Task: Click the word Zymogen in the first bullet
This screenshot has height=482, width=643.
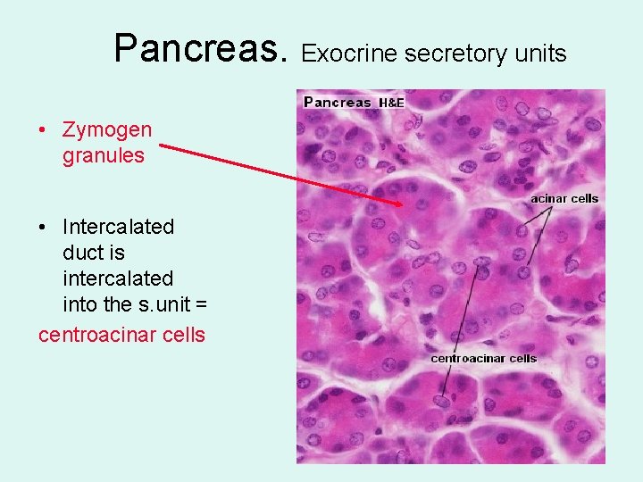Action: point(107,130)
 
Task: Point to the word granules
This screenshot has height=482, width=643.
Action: point(103,156)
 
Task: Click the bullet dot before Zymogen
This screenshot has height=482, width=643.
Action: point(43,130)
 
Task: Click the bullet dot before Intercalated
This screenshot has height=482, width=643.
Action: point(43,227)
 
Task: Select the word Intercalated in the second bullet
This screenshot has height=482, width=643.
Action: point(118,227)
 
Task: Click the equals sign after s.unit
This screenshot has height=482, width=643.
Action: point(200,305)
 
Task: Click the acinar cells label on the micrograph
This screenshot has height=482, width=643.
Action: point(564,198)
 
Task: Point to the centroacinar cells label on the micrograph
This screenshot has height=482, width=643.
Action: point(483,358)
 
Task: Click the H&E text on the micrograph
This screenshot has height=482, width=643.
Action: point(392,104)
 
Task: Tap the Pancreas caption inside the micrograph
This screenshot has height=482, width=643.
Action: point(338,102)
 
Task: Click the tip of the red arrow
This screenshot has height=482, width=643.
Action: point(404,205)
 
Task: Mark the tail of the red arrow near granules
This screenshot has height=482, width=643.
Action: point(162,147)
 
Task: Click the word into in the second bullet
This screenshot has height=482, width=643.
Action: point(80,305)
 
